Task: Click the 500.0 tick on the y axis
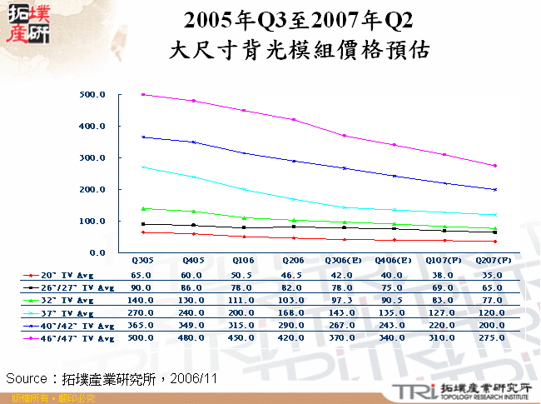(x=92, y=95)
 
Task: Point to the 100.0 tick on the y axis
(x=92, y=221)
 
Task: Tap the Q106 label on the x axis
(x=244, y=261)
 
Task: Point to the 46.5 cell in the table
(x=294, y=273)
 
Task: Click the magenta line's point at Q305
(x=143, y=95)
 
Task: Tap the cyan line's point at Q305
(x=143, y=167)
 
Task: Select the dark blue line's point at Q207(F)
(x=494, y=189)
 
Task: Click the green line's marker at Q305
(x=143, y=208)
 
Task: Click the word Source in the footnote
(x=27, y=379)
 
